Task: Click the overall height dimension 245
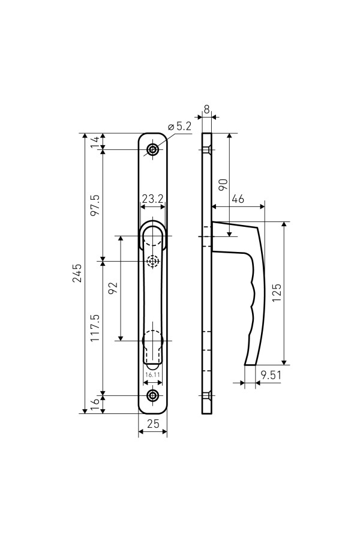click(77, 273)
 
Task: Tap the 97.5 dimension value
click(95, 205)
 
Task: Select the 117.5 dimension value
click(95, 328)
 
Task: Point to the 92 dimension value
click(113, 288)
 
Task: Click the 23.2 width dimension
click(152, 199)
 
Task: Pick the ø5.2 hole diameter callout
click(179, 127)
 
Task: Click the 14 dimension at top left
click(95, 141)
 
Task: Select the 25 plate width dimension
click(153, 424)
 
